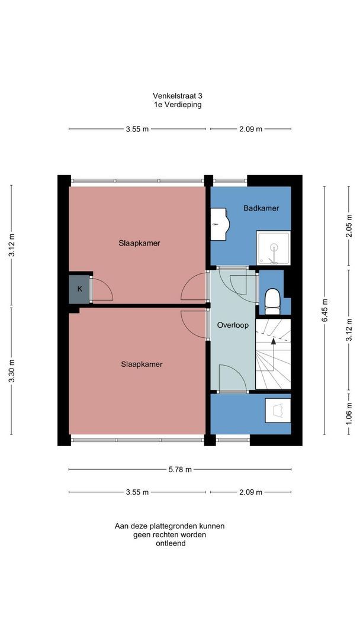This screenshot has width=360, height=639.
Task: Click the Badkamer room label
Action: [261, 208]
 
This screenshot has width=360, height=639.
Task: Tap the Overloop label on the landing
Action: [233, 325]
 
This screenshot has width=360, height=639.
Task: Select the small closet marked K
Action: [79, 289]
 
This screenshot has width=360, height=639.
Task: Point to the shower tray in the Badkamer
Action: [273, 248]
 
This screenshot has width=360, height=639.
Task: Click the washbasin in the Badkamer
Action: [221, 224]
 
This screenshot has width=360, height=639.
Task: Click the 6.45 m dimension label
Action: [325, 311]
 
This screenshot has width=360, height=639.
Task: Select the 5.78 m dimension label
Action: [180, 469]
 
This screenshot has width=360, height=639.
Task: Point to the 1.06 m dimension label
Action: [349, 412]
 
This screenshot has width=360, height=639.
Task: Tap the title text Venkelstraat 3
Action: [178, 96]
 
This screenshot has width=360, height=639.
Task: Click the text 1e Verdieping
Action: [178, 104]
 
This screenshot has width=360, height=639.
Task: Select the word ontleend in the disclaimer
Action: [171, 543]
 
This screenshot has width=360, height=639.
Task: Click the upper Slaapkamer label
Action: [139, 243]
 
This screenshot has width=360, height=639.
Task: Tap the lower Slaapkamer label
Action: [142, 364]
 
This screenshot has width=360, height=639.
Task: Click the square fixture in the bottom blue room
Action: [278, 411]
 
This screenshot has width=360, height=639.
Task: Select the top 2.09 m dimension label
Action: [250, 129]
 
